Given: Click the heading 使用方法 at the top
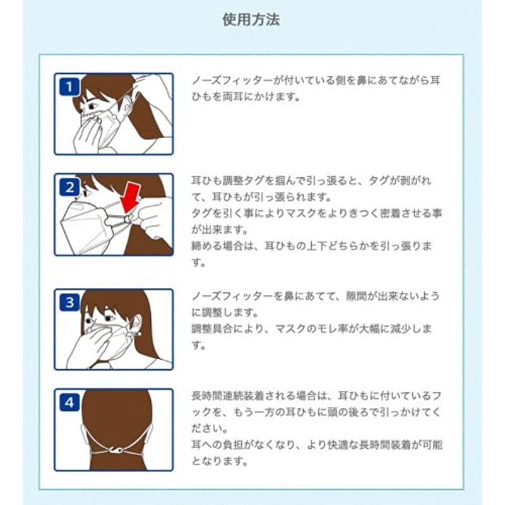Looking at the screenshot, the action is (251, 20).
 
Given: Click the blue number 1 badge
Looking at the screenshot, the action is (69, 86).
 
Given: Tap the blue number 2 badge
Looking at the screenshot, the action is (69, 187).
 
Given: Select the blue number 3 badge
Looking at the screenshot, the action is (69, 302).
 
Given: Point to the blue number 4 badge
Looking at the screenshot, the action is (69, 402).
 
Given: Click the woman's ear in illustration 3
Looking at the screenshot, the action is (136, 323).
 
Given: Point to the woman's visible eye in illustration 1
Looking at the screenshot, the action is (90, 105).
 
